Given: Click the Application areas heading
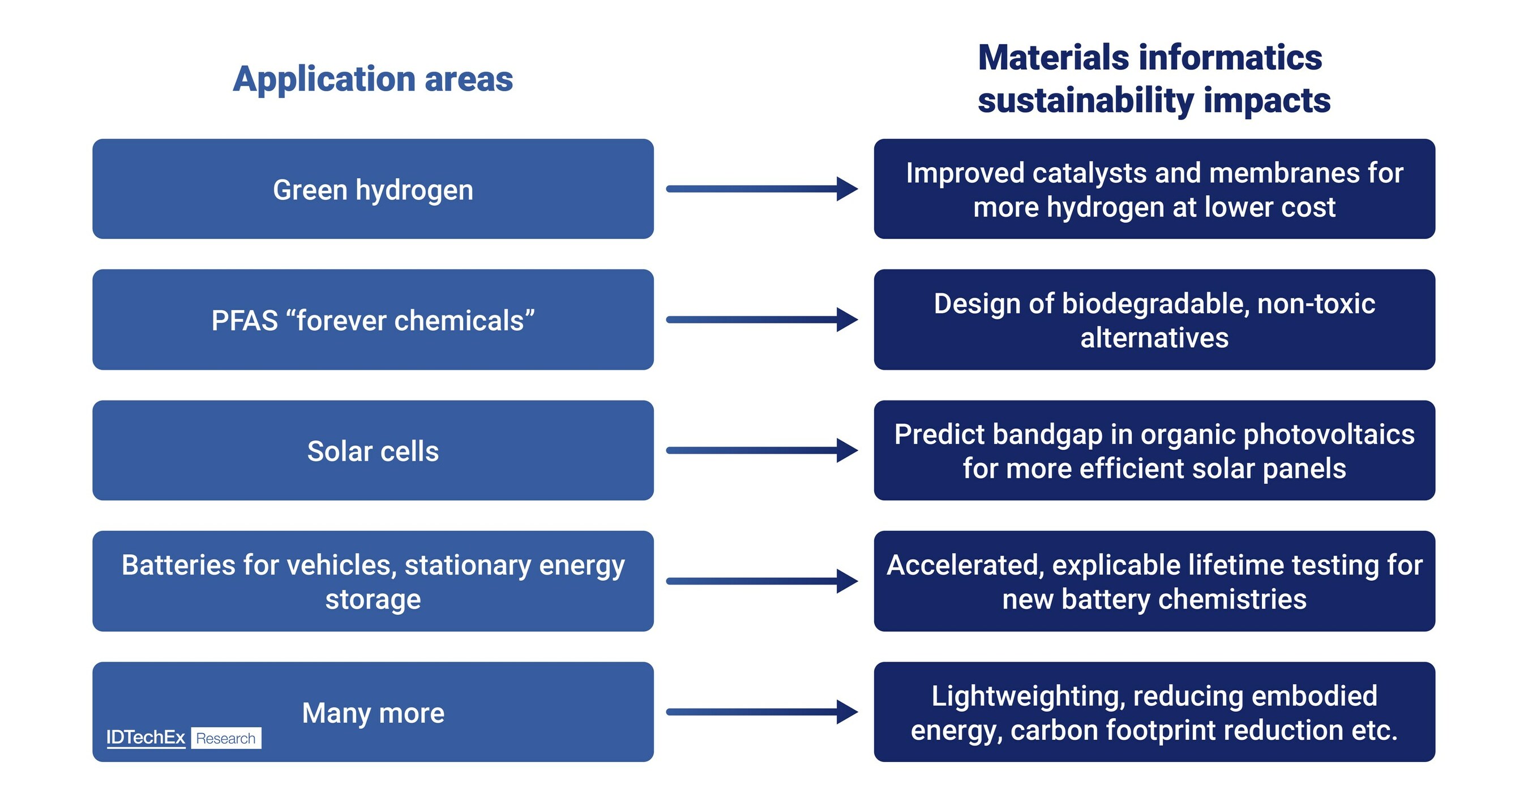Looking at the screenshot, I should pos(373,79).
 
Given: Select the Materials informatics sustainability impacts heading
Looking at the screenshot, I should pos(1153,79).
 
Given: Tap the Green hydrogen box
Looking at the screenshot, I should pos(373,189).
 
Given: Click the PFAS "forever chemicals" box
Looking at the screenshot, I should pos(373,321).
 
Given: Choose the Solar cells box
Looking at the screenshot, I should pos(373,451).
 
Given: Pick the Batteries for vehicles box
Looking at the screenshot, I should pos(373,581).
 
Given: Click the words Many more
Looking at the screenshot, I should pos(373,712).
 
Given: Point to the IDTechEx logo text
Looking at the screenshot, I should pos(146,738).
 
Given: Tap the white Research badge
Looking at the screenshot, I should pos(226,738).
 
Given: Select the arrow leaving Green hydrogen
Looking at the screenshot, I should pos(761,189).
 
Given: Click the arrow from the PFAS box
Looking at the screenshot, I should pos(761,320).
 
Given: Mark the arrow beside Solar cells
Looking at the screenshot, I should pos(761,450).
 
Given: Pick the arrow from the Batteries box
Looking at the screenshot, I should pos(761,581).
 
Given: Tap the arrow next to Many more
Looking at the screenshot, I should pos(761,711).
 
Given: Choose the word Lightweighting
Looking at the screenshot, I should pos(1028,696).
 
